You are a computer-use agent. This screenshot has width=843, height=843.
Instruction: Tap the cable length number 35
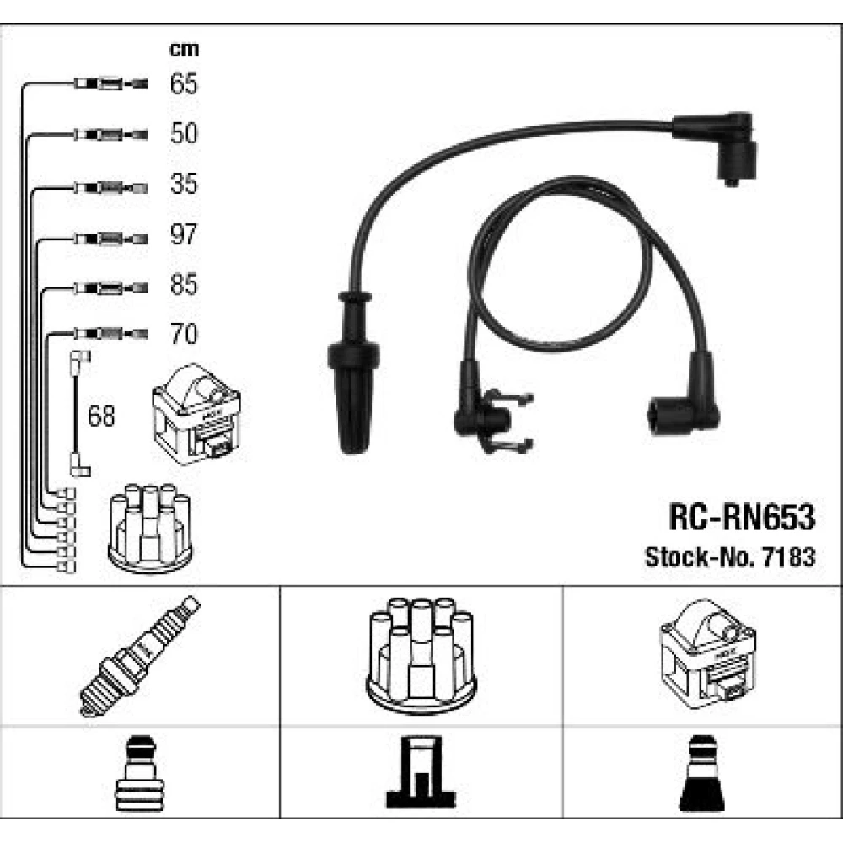[x=183, y=184]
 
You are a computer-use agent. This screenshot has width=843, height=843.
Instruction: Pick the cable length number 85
[x=183, y=285]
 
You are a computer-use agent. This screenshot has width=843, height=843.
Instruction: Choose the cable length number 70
[x=183, y=335]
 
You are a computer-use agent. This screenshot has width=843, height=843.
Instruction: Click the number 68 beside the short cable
[x=102, y=416]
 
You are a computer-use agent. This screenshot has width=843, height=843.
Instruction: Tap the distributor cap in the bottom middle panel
[x=421, y=656]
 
